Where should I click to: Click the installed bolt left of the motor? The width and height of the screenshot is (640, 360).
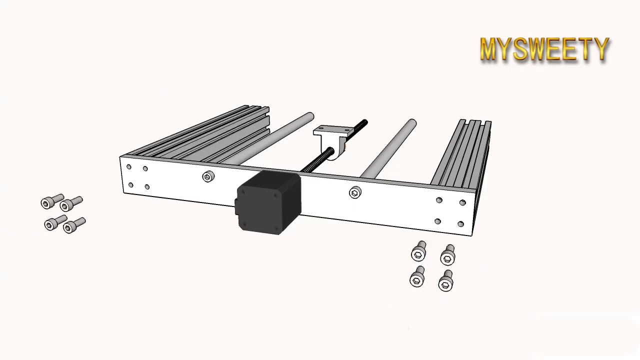click(208, 176)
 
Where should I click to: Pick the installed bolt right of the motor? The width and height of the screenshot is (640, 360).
click(355, 192)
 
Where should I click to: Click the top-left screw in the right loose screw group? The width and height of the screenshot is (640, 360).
click(419, 252)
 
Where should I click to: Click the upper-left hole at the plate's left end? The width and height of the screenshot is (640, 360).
click(129, 167)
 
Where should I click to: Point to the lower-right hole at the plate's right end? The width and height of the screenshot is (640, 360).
click(460, 224)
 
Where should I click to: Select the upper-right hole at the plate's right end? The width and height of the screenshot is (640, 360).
click(462, 202)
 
